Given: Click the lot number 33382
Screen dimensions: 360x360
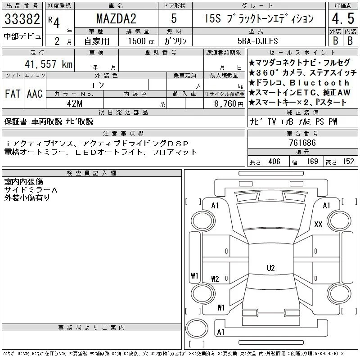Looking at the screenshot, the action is coord(22,19).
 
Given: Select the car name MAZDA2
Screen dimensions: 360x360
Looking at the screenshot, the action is coord(116,18).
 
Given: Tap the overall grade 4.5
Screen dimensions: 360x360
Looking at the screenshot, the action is coord(343,18).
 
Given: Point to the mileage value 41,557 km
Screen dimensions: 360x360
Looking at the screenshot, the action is coord(49,64).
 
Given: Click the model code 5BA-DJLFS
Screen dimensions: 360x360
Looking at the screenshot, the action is coord(257,41).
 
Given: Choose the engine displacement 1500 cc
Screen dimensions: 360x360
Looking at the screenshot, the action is coord(141,41).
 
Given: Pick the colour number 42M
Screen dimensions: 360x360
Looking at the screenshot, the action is coord(75,103).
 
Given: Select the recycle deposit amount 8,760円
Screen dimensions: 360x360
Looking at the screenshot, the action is coord(229,104).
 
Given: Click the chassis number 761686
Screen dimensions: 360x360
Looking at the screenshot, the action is coord(302,143).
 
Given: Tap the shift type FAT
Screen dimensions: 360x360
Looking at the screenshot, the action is coord(13,94).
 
